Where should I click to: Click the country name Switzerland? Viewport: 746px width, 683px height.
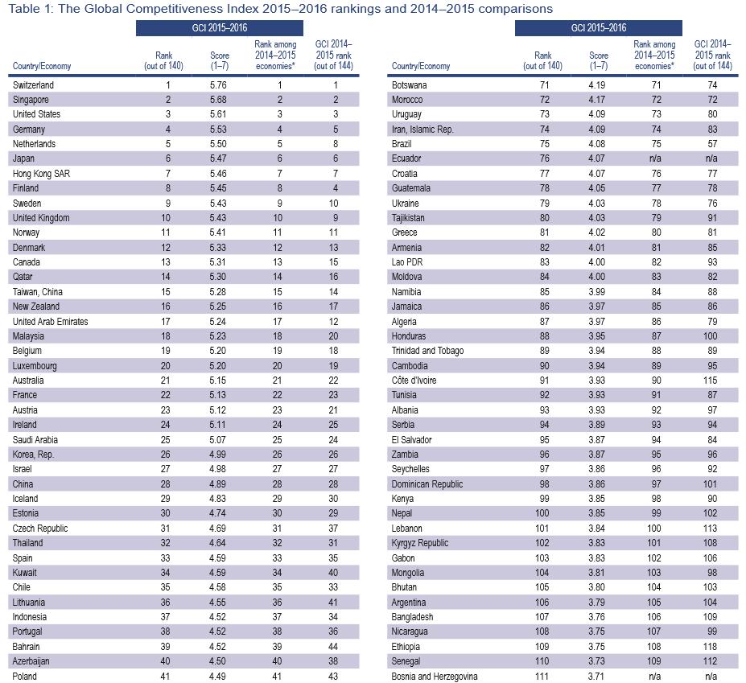[33, 85]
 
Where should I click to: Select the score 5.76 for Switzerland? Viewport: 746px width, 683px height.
[218, 85]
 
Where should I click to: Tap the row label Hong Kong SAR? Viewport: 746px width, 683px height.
[41, 174]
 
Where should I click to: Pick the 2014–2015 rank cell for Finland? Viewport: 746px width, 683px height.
[336, 188]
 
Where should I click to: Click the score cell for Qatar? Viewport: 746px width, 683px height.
[218, 277]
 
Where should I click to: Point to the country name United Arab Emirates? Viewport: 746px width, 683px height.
[50, 322]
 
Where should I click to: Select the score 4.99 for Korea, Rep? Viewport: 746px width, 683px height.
[218, 455]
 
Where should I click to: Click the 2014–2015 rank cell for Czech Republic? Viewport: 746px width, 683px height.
[333, 529]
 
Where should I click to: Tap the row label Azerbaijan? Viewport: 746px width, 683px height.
[31, 661]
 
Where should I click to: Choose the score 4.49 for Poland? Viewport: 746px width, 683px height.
[218, 677]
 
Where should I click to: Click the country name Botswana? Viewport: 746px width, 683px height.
[409, 85]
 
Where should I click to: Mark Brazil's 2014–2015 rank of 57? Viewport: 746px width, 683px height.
[712, 144]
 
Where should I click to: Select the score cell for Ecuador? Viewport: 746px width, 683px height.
[596, 158]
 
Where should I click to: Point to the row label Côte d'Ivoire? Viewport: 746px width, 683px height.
[414, 381]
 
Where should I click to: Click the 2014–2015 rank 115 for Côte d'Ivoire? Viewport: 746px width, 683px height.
[711, 381]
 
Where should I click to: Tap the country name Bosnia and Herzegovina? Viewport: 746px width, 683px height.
[435, 677]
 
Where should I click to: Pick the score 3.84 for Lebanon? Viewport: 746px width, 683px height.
[596, 529]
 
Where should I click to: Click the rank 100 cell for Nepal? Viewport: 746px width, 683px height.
[542, 513]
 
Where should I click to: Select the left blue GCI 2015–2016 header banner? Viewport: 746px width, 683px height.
[220, 28]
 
